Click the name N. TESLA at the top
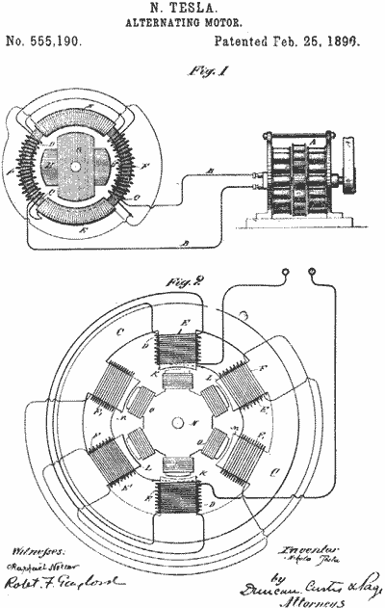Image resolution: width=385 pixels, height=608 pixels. (192, 9)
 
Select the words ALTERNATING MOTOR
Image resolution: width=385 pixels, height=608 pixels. (192, 23)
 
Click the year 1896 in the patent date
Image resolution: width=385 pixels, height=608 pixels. (359, 42)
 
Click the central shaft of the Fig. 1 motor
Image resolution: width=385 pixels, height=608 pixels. (73, 165)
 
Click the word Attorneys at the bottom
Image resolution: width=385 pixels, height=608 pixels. (312, 598)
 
